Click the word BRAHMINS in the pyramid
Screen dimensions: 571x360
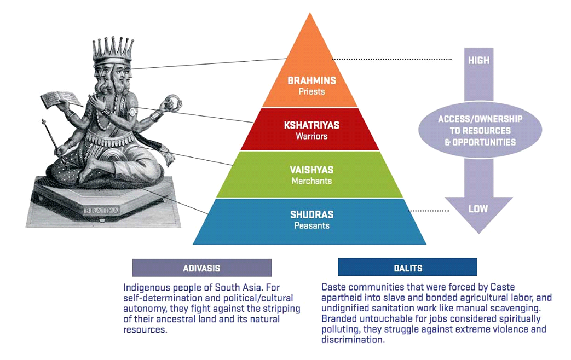point(312,80)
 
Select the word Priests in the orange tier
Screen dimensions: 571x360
point(312,91)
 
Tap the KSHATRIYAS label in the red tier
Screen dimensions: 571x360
point(312,125)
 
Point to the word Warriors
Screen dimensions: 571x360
point(312,136)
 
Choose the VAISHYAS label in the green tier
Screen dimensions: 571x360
point(312,170)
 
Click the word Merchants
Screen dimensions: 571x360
point(312,181)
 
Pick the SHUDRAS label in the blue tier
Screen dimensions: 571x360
point(312,215)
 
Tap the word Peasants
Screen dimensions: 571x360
point(312,225)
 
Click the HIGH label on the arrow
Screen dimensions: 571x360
point(479,60)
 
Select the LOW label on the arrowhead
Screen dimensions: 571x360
point(478,209)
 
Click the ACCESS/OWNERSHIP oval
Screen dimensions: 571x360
point(480,130)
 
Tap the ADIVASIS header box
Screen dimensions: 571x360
point(202,268)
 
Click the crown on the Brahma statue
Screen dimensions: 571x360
point(113,51)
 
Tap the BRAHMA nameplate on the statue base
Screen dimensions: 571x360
point(102,211)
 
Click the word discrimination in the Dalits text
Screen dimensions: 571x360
point(353,340)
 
